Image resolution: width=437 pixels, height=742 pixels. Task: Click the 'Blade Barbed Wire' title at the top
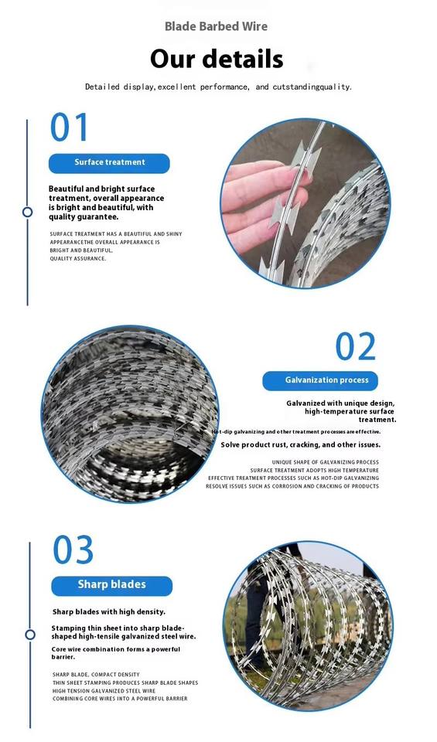[216, 26]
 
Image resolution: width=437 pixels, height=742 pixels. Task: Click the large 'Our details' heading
[217, 60]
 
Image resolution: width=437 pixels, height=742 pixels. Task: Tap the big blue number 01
[69, 127]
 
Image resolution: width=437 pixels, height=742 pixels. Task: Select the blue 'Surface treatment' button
[109, 162]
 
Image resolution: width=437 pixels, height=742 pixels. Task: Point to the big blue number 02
[356, 346]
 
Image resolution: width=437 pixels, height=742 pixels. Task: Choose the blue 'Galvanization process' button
[320, 380]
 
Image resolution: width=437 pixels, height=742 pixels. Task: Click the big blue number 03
[73, 550]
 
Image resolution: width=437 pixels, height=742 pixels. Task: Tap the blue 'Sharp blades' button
[111, 585]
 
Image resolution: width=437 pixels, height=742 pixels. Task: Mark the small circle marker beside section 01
[28, 212]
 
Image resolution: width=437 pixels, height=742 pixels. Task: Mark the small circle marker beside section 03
[30, 635]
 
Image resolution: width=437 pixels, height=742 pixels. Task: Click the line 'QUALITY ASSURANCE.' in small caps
[78, 259]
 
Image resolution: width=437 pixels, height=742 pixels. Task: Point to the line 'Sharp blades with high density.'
[109, 612]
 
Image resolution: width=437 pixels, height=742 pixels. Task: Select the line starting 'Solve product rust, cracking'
[301, 445]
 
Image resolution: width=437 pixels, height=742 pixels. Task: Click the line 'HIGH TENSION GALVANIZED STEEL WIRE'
[104, 691]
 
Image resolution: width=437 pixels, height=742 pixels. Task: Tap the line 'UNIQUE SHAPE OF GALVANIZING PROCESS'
[326, 462]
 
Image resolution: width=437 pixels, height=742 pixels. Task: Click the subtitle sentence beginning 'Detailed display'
[218, 87]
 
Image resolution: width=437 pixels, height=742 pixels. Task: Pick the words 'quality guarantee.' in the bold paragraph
[84, 217]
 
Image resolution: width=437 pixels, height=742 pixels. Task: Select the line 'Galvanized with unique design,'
[340, 403]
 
